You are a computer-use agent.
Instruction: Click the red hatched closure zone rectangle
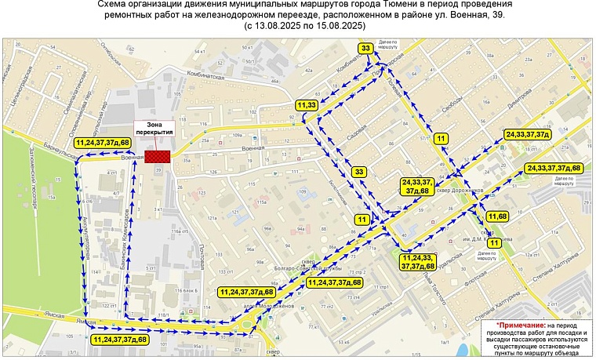tap(161, 156)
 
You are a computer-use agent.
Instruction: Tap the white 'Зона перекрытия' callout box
tap(154, 129)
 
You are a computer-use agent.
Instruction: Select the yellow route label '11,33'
tap(307, 104)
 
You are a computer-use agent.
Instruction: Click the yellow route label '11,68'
tap(498, 216)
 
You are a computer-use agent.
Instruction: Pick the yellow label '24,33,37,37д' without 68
tap(527, 136)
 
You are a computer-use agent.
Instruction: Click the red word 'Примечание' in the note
tap(522, 324)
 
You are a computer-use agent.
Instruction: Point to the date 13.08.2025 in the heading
tap(280, 26)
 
